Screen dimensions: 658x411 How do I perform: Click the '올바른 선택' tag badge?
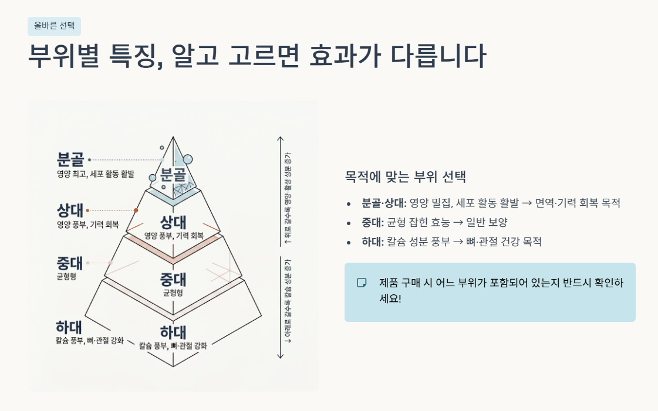coord(54,26)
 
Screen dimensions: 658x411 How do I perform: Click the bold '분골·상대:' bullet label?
coord(384,203)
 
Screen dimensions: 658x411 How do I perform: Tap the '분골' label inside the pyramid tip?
coord(173,174)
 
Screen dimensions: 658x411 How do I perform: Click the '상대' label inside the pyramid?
coord(173,222)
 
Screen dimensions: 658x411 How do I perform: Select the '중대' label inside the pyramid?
coord(173,278)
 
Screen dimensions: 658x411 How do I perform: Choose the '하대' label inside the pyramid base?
coord(173,332)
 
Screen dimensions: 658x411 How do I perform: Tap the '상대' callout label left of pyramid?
coord(70,210)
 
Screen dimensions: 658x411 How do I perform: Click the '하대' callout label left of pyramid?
coord(69,327)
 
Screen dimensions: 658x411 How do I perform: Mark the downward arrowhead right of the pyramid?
coord(281,356)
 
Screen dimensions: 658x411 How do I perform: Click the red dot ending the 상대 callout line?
coord(136,210)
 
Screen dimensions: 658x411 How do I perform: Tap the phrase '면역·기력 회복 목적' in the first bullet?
coord(578,203)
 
